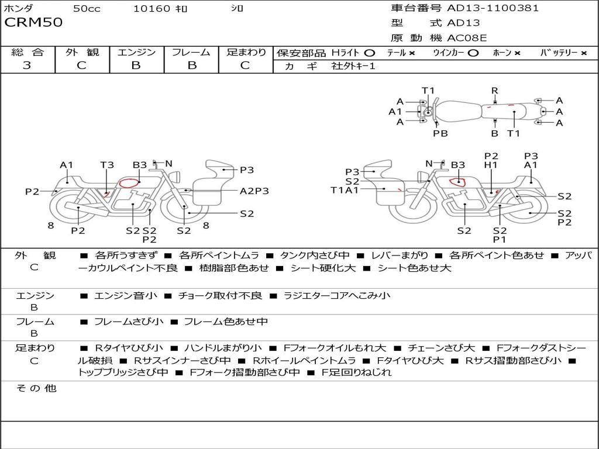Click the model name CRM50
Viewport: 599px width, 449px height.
coord(33,23)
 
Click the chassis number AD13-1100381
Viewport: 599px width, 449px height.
coord(493,8)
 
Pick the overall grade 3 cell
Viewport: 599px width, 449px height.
coord(27,65)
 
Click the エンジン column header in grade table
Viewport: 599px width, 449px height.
coord(136,52)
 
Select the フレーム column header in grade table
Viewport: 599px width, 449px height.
coord(191,52)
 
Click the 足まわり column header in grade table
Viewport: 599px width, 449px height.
coord(246,52)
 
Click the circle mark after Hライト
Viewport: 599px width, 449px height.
coord(369,53)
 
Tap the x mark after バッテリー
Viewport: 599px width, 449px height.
coord(584,53)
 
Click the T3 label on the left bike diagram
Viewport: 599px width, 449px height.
coord(106,165)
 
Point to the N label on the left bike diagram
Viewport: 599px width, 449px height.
coord(168,164)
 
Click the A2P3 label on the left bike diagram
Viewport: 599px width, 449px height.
coord(254,191)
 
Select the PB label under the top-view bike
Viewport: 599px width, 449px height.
coord(440,133)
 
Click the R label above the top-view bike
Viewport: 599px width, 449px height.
coord(495,91)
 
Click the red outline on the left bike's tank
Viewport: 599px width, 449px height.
coord(128,182)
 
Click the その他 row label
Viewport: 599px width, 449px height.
coord(36,388)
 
